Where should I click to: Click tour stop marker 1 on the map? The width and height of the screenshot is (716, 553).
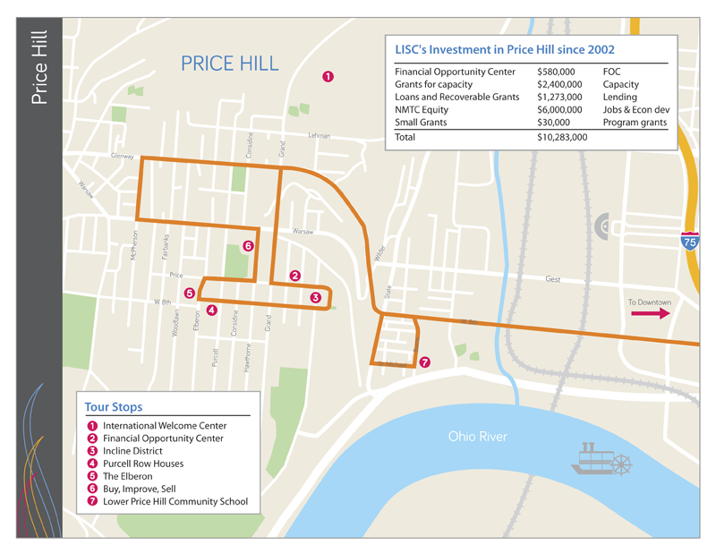[x=328, y=77]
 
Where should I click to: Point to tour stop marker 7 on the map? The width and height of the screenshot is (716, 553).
[x=424, y=362]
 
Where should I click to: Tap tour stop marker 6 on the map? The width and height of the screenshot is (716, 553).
[x=248, y=245]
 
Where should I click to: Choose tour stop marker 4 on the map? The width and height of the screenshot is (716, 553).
[x=211, y=311]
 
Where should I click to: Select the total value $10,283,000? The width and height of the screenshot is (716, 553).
[x=562, y=138]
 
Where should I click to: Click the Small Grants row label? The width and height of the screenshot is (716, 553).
[x=423, y=123]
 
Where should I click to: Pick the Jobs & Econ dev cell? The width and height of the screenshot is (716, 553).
[x=636, y=109]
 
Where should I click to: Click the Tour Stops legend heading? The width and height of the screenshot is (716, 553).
[x=113, y=407]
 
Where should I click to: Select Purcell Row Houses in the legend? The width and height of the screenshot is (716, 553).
[x=143, y=464]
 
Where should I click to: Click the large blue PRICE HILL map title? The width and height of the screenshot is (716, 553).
[x=229, y=64]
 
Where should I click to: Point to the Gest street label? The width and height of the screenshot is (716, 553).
[x=552, y=279]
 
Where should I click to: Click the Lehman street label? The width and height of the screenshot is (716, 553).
[x=319, y=136]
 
